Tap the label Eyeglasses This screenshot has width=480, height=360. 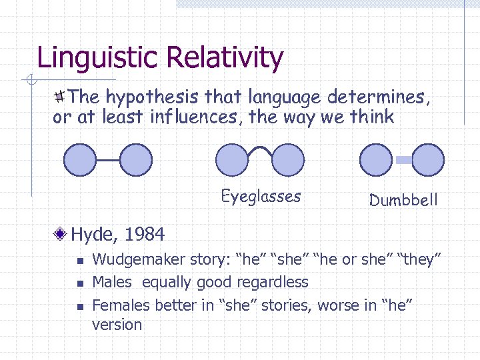261,197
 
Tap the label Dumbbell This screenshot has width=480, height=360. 403,200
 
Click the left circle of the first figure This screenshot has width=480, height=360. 80,161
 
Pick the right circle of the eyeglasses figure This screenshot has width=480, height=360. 287,161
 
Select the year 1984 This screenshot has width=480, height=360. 144,235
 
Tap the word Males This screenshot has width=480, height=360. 112,282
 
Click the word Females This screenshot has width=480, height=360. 121,305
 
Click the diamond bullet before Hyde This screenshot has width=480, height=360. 61,234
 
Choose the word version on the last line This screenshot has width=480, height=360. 117,325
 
